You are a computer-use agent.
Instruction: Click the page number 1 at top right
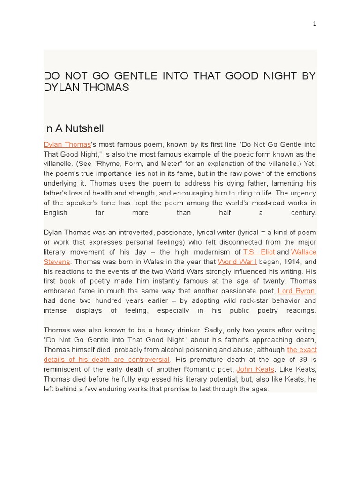[x=315, y=24]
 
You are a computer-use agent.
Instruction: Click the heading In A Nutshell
[x=74, y=128]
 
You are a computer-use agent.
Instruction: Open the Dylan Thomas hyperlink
[x=67, y=144]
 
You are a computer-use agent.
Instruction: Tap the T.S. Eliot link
[x=259, y=252]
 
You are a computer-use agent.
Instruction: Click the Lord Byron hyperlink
[x=296, y=291]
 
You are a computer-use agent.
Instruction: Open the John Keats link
[x=255, y=369]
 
